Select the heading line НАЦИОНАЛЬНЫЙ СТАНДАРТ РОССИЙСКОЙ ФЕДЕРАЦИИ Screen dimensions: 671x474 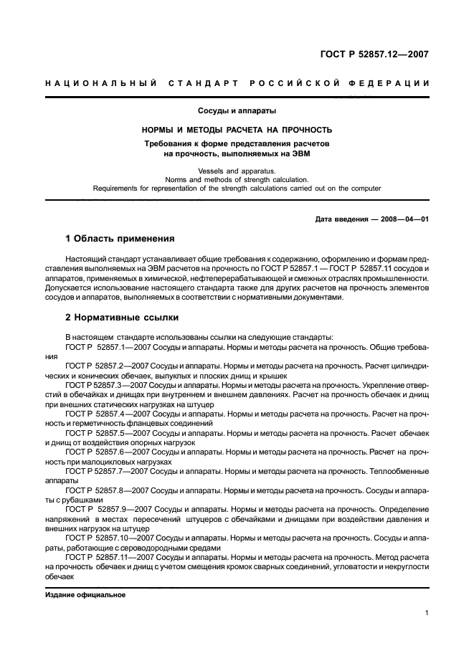coord(237,83)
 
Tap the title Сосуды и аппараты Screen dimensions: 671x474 coord(237,111)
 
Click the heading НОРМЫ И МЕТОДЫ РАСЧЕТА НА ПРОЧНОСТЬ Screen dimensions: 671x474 coord(237,130)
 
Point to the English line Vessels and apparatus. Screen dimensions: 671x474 coord(237,170)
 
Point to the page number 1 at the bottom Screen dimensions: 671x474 coord(426,613)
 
